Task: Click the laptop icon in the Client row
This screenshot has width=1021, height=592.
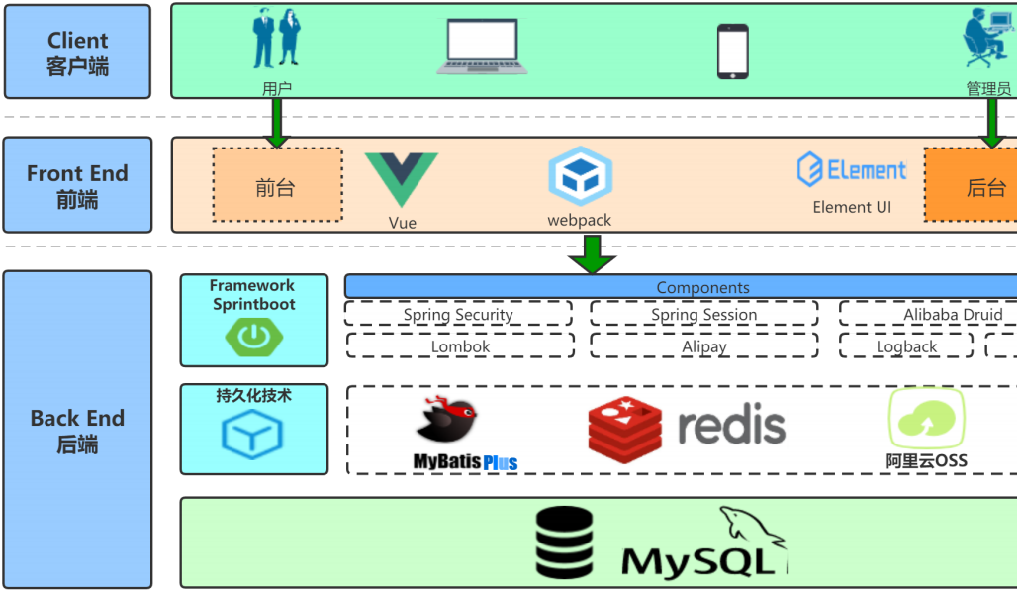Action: click(482, 47)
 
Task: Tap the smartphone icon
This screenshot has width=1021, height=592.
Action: click(732, 51)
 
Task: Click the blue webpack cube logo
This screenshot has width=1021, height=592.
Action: click(580, 176)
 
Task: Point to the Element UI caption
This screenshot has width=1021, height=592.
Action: click(852, 207)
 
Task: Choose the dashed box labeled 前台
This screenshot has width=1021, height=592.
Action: click(277, 185)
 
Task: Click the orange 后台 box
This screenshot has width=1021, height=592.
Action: click(971, 185)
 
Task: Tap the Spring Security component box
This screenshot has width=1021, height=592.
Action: click(458, 313)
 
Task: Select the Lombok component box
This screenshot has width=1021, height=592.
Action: click(460, 345)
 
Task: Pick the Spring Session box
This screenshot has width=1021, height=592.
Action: click(703, 313)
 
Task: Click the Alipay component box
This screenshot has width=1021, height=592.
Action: click(703, 345)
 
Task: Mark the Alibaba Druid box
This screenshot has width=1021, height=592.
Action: click(929, 313)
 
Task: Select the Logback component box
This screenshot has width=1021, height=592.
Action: click(906, 345)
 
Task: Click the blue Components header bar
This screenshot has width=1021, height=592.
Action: click(681, 286)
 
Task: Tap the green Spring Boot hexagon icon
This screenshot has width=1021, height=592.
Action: click(254, 337)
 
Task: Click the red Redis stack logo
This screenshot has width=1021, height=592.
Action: click(625, 430)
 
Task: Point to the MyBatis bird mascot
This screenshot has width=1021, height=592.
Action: click(447, 420)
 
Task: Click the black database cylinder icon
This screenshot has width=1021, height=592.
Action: click(565, 542)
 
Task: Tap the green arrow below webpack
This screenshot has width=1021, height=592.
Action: click(592, 254)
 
